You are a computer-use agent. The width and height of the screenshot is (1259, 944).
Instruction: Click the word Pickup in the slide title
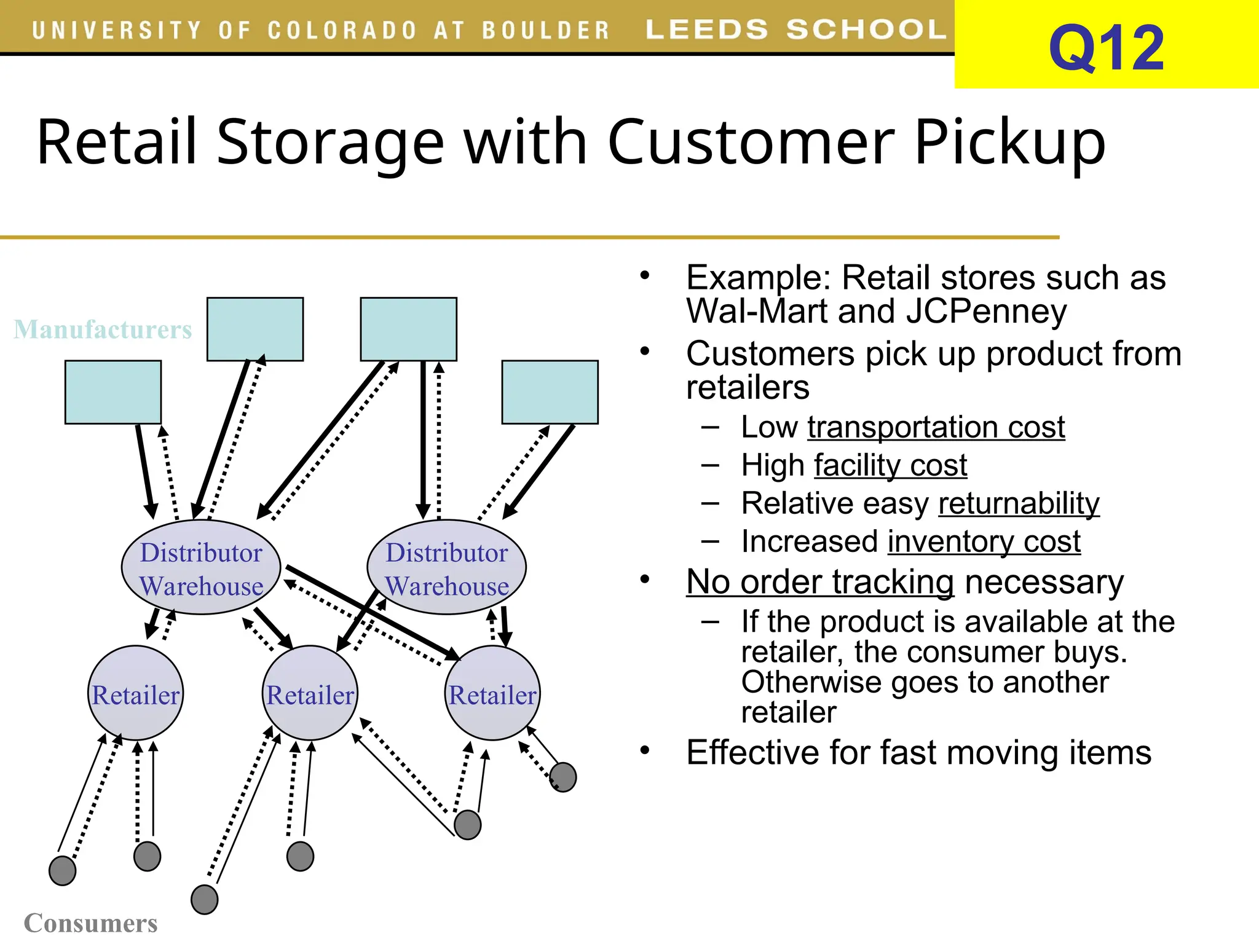[1009, 143]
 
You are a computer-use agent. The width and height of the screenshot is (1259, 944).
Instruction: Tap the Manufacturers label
[103, 329]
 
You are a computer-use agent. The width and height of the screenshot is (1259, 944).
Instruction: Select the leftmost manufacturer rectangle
[113, 392]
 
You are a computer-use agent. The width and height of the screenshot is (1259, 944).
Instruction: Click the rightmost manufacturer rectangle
[550, 392]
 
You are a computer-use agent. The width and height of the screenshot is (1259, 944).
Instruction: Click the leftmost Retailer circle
[135, 693]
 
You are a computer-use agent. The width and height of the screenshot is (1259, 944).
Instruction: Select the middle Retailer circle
[310, 693]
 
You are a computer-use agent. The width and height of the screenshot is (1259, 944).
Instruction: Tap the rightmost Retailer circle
[492, 693]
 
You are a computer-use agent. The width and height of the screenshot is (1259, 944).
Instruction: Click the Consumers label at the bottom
[90, 923]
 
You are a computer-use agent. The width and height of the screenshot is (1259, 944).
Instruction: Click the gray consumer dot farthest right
[563, 777]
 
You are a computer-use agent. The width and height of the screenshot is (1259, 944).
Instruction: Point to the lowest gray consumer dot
[205, 900]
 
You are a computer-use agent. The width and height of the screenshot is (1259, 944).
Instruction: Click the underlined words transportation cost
[936, 428]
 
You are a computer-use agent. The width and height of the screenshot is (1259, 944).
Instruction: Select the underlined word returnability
[1019, 504]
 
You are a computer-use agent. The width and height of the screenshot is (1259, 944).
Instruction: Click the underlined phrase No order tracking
[820, 582]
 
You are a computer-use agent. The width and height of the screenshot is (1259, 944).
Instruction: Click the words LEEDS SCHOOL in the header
[795, 29]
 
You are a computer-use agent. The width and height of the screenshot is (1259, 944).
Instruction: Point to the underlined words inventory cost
[984, 542]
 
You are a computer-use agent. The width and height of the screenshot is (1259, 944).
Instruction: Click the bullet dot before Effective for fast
[644, 750]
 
